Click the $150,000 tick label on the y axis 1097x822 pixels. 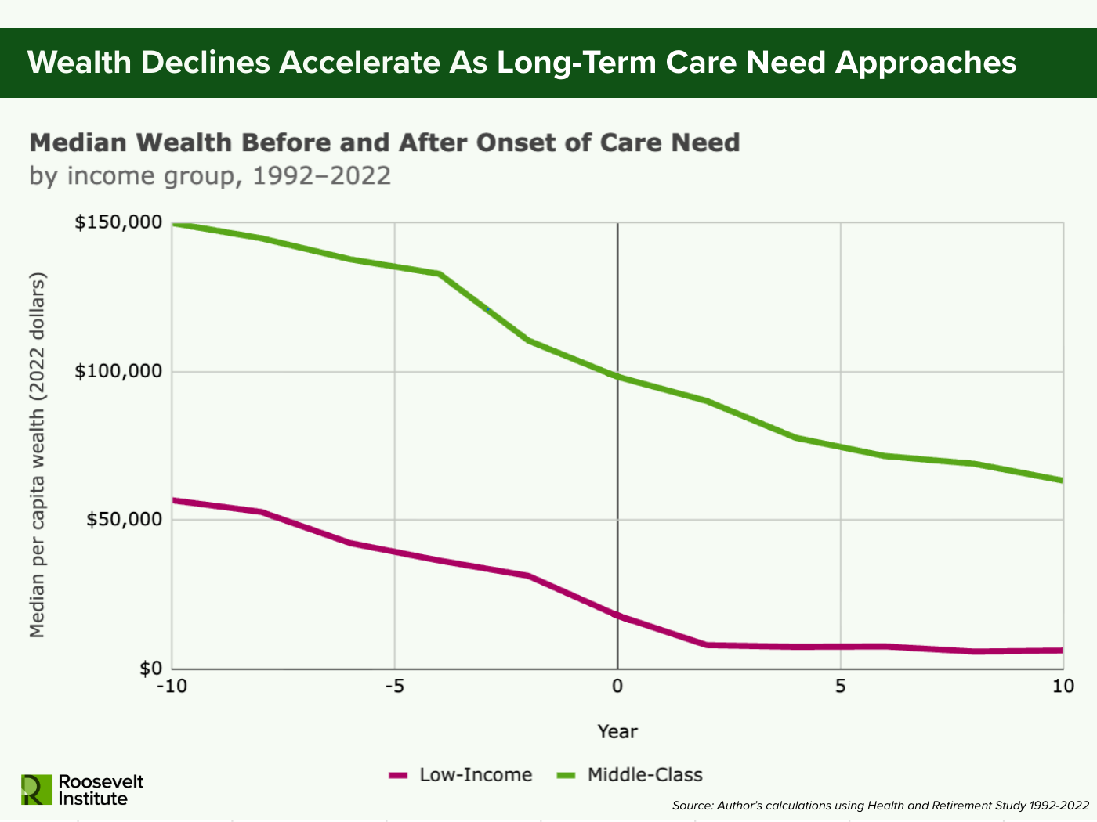[118, 223]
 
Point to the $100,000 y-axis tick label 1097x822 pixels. [118, 371]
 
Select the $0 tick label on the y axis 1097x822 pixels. [151, 669]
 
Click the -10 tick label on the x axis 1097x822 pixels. [172, 687]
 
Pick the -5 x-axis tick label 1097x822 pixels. [394, 687]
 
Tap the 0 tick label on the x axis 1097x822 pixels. [617, 687]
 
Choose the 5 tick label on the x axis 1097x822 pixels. [840, 687]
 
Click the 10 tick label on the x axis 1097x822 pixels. [1063, 687]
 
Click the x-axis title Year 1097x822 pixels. [617, 732]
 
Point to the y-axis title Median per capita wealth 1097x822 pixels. [38, 455]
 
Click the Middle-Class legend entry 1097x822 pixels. [630, 775]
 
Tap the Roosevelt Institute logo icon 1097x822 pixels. [36, 789]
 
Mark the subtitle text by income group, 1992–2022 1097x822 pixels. [210, 175]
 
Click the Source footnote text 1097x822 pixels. [880, 806]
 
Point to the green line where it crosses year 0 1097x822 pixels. [617, 377]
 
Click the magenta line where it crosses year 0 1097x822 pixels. [617, 616]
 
